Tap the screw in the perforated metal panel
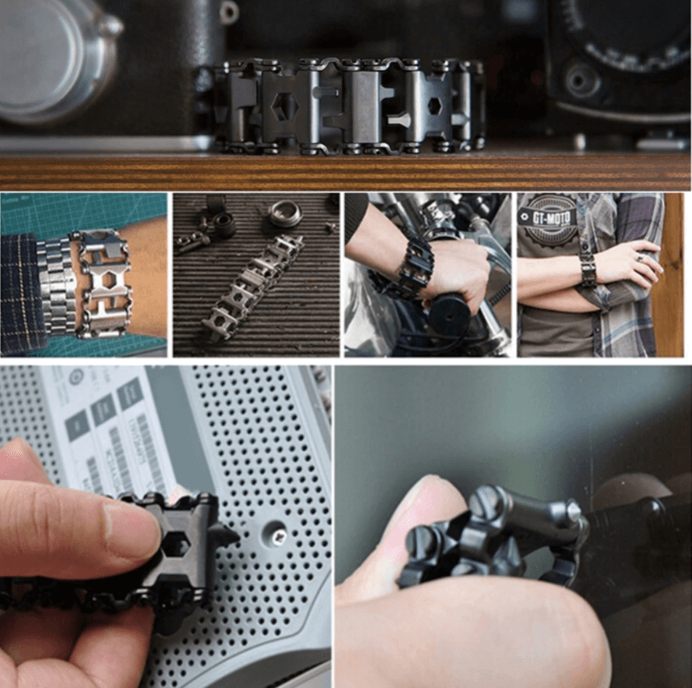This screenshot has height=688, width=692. click(279, 536)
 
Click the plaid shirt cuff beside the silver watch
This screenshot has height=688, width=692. click(22, 291)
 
